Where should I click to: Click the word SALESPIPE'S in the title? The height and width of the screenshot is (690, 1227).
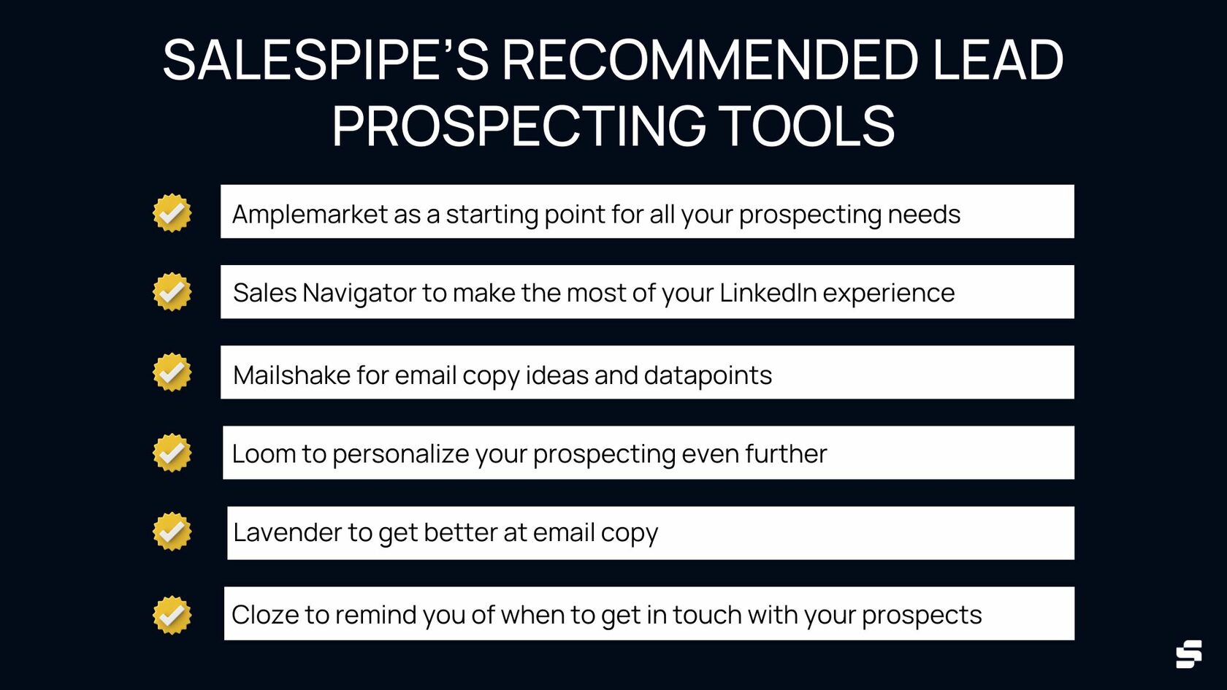(325, 60)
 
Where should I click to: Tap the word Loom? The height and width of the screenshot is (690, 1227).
(263, 454)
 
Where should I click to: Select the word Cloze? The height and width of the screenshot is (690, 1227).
(264, 615)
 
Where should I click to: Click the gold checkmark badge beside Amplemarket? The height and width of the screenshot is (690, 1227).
(172, 213)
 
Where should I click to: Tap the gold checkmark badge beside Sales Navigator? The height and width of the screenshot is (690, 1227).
(172, 292)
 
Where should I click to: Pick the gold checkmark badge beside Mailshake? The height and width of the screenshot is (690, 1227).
(172, 372)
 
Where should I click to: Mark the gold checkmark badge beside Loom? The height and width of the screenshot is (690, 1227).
(172, 453)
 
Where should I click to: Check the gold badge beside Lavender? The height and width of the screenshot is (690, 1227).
(172, 532)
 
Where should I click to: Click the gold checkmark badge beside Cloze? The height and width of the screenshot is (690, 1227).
(172, 616)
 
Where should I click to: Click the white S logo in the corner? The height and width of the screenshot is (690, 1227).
(1188, 653)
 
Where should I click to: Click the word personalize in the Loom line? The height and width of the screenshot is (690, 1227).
(400, 454)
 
